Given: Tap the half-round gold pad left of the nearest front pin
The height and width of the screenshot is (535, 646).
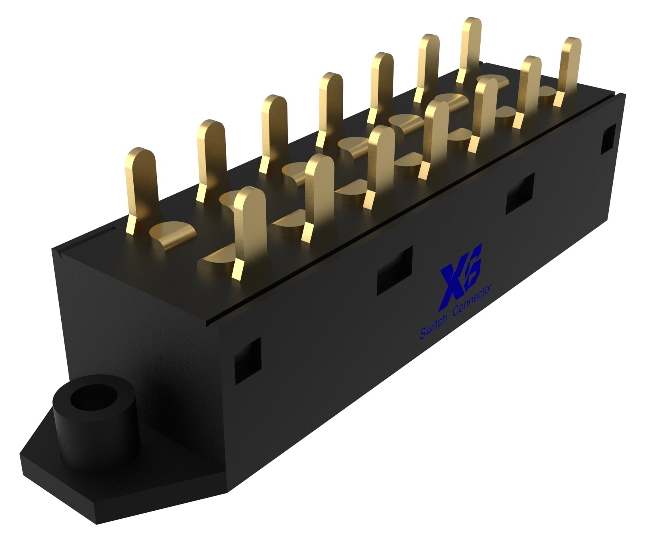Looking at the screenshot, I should (x=217, y=257).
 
